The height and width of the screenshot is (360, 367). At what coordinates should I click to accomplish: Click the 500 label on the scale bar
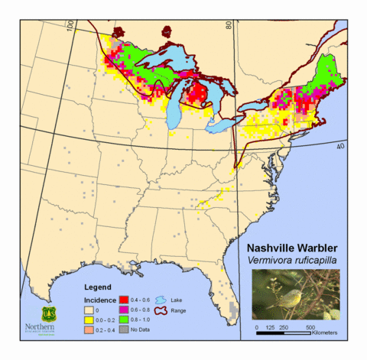pos(310,326)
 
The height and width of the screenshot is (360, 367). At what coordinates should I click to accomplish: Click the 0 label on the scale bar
pos(257,326)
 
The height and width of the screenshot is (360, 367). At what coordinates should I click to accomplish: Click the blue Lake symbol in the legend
pos(161,301)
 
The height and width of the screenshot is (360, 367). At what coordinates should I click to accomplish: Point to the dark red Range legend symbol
pos(161,311)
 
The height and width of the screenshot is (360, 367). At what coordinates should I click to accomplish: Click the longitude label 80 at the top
pos(228,26)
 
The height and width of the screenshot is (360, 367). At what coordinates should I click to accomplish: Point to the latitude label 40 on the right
pos(340,145)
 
